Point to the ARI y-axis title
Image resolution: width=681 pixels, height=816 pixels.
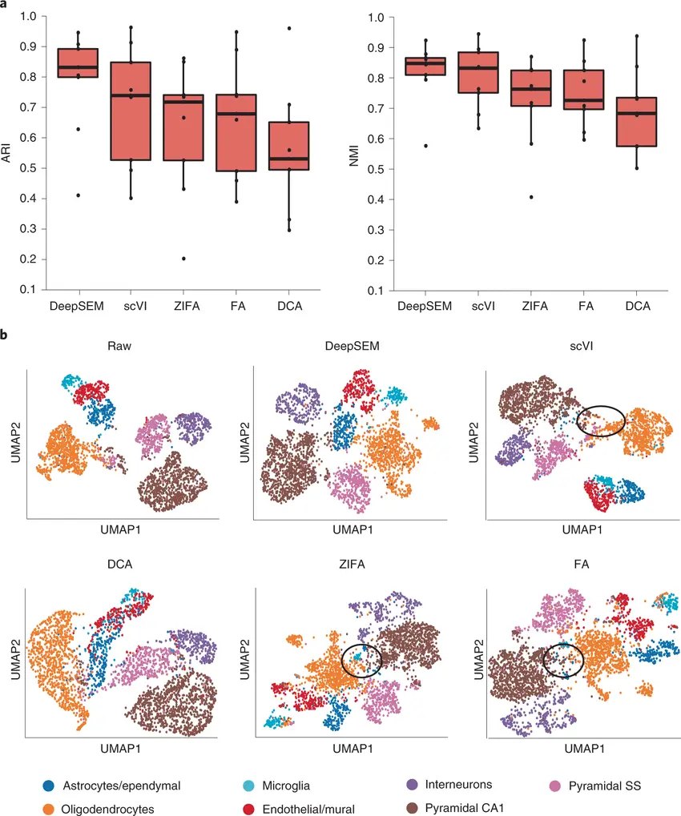9,152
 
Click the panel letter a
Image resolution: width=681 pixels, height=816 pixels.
6,6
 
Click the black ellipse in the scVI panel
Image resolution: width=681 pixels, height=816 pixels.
601,421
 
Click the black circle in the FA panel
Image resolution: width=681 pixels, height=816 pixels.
562,659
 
